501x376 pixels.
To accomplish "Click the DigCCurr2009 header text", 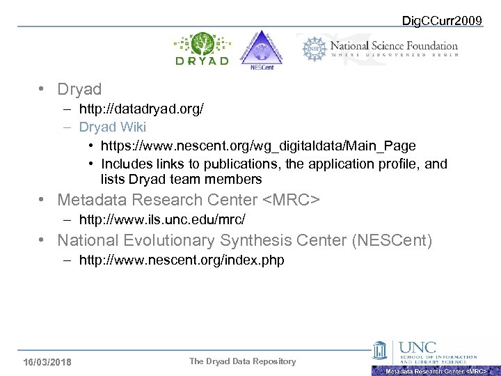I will (443, 21).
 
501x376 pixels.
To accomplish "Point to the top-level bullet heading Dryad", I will (79, 89).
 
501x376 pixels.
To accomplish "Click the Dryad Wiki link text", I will (112, 127).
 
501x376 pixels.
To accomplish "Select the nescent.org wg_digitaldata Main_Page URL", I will (258, 146).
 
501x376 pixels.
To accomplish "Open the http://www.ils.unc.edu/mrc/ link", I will (162, 220).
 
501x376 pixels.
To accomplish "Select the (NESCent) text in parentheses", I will (392, 241).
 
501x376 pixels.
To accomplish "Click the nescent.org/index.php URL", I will (182, 260).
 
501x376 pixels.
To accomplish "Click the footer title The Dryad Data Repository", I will (242, 361).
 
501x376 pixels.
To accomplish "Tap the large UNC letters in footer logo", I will (418, 347).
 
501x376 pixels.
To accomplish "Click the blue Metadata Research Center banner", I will (436, 371).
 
